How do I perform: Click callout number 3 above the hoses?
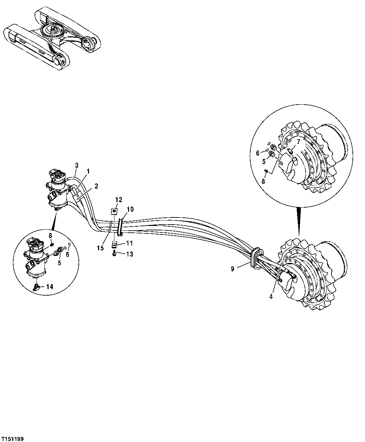(77, 165)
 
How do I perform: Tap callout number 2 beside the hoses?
(96, 186)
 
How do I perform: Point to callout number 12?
(118, 199)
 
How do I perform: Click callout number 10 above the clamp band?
(131, 209)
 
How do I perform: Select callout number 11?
(129, 243)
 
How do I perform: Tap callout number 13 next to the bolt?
(129, 254)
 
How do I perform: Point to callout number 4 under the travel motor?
(271, 296)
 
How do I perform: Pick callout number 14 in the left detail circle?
(50, 287)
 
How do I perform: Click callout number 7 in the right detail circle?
(298, 141)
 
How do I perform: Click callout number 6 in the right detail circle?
(258, 153)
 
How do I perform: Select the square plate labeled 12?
(114, 211)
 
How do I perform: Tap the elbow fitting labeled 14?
(37, 287)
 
